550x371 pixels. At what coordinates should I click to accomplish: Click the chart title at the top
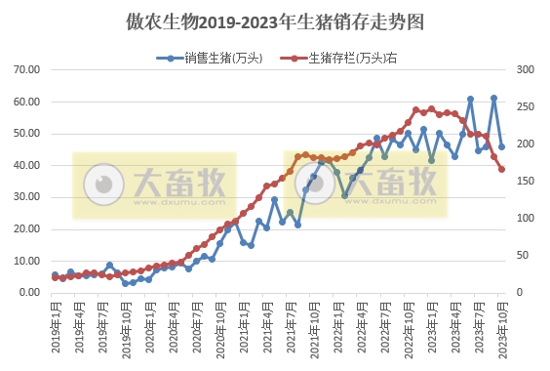point(276,21)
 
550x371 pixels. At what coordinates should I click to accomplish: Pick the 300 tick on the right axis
point(526,70)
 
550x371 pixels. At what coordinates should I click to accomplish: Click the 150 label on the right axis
point(526,182)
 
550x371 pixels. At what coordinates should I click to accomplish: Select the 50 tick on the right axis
point(523,256)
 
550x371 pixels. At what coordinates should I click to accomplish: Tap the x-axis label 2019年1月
point(56,327)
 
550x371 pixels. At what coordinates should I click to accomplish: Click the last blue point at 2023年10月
point(502,147)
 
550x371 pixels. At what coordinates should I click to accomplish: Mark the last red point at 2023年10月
point(502,169)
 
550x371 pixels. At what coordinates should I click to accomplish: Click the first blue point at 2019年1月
point(55,275)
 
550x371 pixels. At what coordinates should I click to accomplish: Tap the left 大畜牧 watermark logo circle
point(101,184)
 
